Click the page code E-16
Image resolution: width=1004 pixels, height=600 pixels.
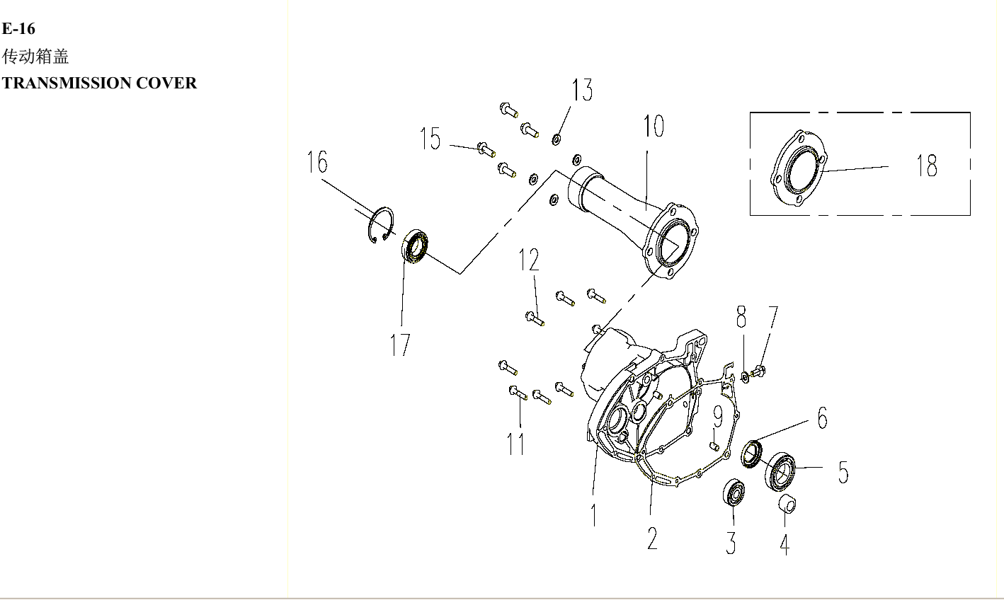(18, 29)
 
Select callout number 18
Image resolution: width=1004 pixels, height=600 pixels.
(927, 166)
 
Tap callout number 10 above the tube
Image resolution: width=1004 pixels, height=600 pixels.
(654, 127)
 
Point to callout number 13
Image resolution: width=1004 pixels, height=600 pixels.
(582, 91)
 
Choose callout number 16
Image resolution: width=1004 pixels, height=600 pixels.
(317, 162)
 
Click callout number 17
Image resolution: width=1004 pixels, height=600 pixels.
(400, 345)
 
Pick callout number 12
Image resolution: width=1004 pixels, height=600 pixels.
(529, 260)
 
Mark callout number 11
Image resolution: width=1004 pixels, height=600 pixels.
(516, 444)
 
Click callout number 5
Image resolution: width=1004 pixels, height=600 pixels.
(843, 472)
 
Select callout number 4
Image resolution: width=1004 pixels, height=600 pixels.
(785, 543)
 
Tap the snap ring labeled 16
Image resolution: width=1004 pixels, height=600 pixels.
(381, 224)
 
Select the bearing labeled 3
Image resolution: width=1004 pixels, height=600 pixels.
(734, 492)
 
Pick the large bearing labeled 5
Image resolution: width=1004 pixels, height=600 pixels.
(781, 471)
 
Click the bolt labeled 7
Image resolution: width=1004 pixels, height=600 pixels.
(760, 369)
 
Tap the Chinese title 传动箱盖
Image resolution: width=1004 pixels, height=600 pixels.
(35, 56)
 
